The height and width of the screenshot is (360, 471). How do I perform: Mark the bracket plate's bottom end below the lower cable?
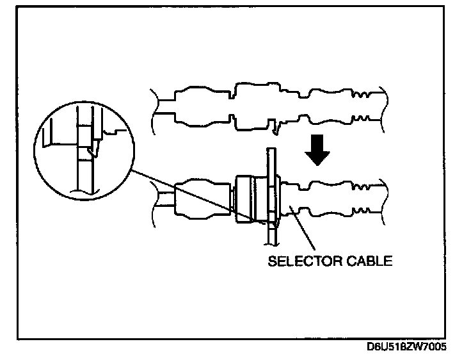tap(271, 237)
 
